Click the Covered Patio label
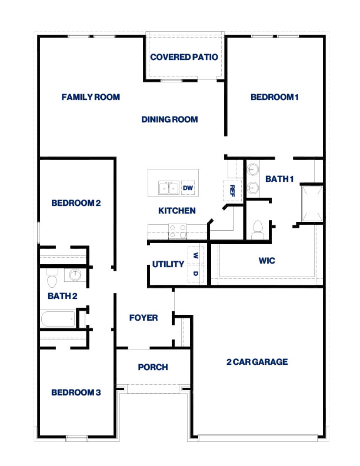coord(184,57)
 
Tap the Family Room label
coord(91,97)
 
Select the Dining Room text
coord(169,119)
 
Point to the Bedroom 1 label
coord(275,97)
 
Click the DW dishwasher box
coord(188,188)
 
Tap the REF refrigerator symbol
coord(232,189)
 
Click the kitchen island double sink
coord(168,188)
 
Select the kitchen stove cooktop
coord(178,231)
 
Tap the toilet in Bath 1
coord(256,229)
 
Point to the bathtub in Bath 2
coord(58,319)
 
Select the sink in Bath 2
coord(75,275)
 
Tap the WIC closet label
coord(266,260)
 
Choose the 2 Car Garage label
coord(257,362)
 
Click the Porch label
coord(153,367)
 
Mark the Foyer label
coord(144,318)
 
